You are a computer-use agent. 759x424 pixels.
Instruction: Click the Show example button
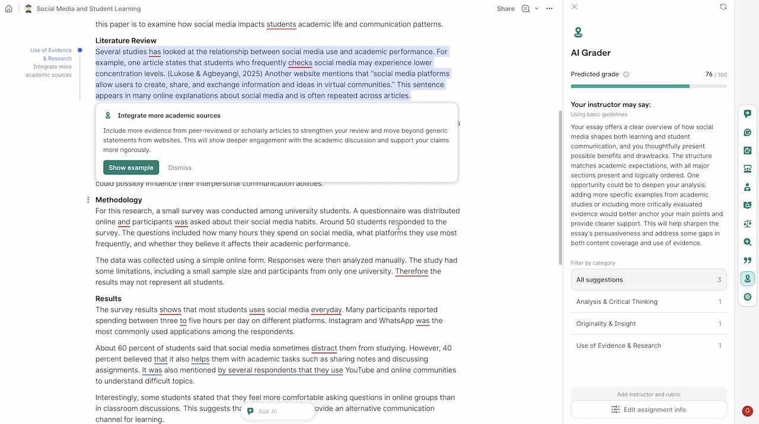click(x=131, y=167)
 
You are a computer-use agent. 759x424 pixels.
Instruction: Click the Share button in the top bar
click(x=505, y=9)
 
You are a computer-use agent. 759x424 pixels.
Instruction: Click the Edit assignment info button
click(x=648, y=410)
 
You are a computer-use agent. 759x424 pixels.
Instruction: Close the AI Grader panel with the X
click(x=574, y=7)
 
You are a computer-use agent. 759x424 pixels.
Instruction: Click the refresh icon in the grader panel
click(x=723, y=7)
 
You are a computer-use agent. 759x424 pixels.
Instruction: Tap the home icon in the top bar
click(x=8, y=9)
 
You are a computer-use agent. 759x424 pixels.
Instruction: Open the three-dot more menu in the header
click(x=549, y=9)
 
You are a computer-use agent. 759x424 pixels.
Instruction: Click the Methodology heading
click(x=119, y=200)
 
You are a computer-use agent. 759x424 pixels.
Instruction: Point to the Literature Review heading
click(x=126, y=41)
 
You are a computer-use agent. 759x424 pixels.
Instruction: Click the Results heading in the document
click(x=109, y=299)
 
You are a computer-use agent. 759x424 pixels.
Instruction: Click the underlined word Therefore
click(x=412, y=271)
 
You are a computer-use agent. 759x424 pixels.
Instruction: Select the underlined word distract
click(x=324, y=349)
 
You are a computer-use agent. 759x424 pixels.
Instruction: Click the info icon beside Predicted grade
click(x=626, y=75)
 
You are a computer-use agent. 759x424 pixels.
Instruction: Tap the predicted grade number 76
click(x=709, y=75)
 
